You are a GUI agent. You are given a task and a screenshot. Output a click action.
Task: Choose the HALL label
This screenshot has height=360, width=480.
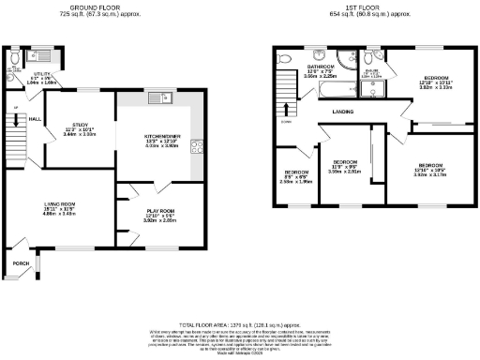click(34, 119)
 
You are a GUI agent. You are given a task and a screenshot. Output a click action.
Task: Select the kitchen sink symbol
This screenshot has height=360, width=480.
click(154, 98)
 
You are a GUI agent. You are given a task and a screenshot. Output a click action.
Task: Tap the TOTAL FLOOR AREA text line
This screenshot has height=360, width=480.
click(239, 322)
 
